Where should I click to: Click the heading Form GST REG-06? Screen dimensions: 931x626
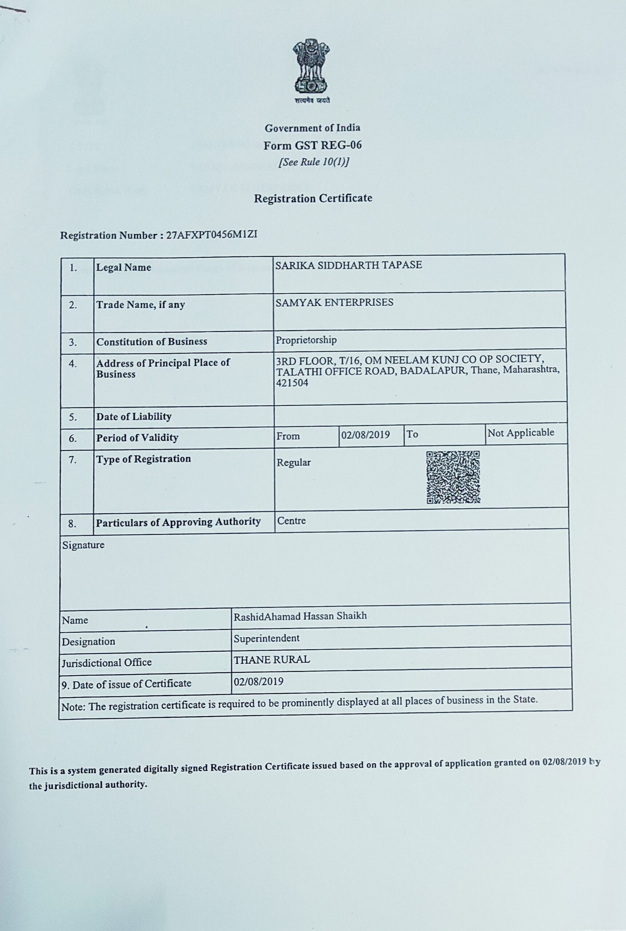tap(312, 145)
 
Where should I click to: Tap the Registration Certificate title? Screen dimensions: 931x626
tap(313, 198)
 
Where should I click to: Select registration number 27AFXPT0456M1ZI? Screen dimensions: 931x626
tap(211, 235)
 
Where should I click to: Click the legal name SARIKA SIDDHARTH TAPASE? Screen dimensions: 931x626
tap(349, 265)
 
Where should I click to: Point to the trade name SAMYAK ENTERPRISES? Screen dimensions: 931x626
tap(334, 302)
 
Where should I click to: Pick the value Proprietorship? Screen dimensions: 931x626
tap(306, 340)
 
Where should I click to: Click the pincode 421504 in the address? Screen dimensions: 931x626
tap(292, 383)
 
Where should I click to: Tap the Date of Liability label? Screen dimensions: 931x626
tap(134, 417)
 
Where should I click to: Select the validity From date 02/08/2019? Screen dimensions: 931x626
tap(365, 434)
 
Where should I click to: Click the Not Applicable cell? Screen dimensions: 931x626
tap(520, 433)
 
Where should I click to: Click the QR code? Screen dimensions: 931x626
tap(453, 477)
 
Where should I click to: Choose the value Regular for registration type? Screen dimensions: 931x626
tap(293, 463)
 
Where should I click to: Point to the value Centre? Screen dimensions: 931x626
tap(292, 520)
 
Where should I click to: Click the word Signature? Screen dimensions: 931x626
tap(83, 545)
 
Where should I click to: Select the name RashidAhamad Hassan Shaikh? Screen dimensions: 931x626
tap(300, 616)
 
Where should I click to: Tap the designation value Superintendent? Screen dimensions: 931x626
tap(266, 638)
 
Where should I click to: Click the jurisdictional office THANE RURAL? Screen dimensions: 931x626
tap(272, 660)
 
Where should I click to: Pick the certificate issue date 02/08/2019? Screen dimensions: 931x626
tap(258, 681)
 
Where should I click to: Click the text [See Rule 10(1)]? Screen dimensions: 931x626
tap(314, 162)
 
